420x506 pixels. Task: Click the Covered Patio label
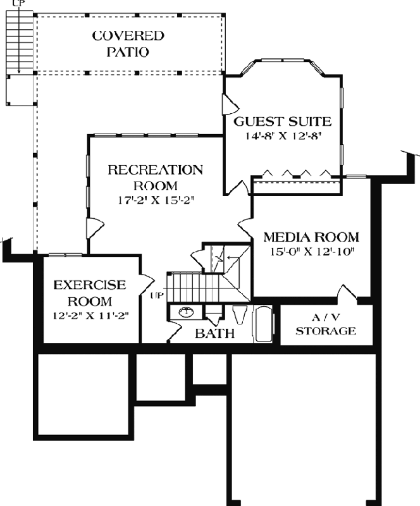(x=128, y=44)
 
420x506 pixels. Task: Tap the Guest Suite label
(x=283, y=121)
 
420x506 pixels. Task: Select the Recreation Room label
(x=155, y=178)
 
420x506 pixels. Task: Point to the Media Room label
(x=311, y=238)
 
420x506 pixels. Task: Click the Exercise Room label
(x=89, y=292)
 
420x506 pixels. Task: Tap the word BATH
(x=214, y=333)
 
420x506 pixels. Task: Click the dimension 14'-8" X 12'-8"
(x=283, y=136)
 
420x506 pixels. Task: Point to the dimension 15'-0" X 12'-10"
(x=311, y=252)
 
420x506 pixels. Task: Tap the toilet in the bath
(x=239, y=314)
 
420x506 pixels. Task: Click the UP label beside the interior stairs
(x=157, y=295)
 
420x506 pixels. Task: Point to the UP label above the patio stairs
(x=17, y=3)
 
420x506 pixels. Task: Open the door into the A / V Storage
(x=347, y=293)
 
